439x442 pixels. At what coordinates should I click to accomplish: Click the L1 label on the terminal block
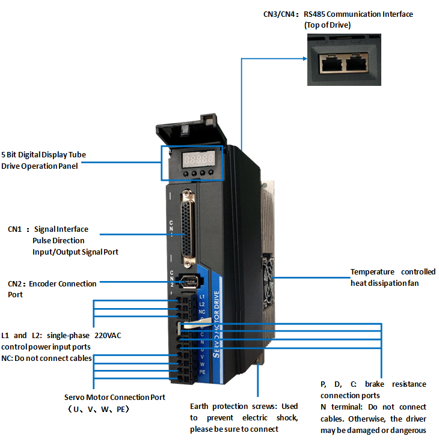[x=202, y=297]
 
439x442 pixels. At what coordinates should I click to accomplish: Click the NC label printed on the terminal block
[x=202, y=312]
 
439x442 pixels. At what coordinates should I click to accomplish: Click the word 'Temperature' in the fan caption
[x=373, y=272]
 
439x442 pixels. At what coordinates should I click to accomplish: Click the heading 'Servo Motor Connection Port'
[x=115, y=397]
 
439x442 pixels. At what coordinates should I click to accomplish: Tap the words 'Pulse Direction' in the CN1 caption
[x=58, y=240]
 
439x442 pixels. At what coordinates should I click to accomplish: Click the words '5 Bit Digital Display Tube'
[x=43, y=154]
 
